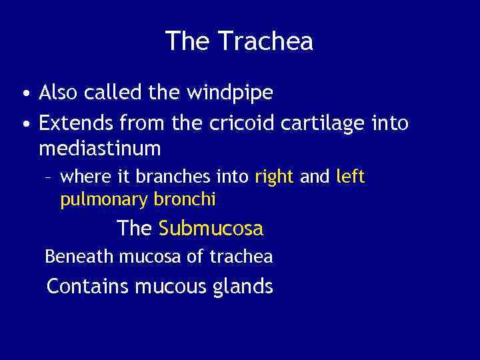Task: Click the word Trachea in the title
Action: click(x=265, y=41)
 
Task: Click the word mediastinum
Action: click(x=100, y=149)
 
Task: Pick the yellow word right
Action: click(x=274, y=177)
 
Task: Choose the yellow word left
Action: click(x=351, y=177)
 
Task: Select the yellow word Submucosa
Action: click(x=211, y=229)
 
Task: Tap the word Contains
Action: click(x=88, y=287)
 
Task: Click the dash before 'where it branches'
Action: click(x=49, y=177)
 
